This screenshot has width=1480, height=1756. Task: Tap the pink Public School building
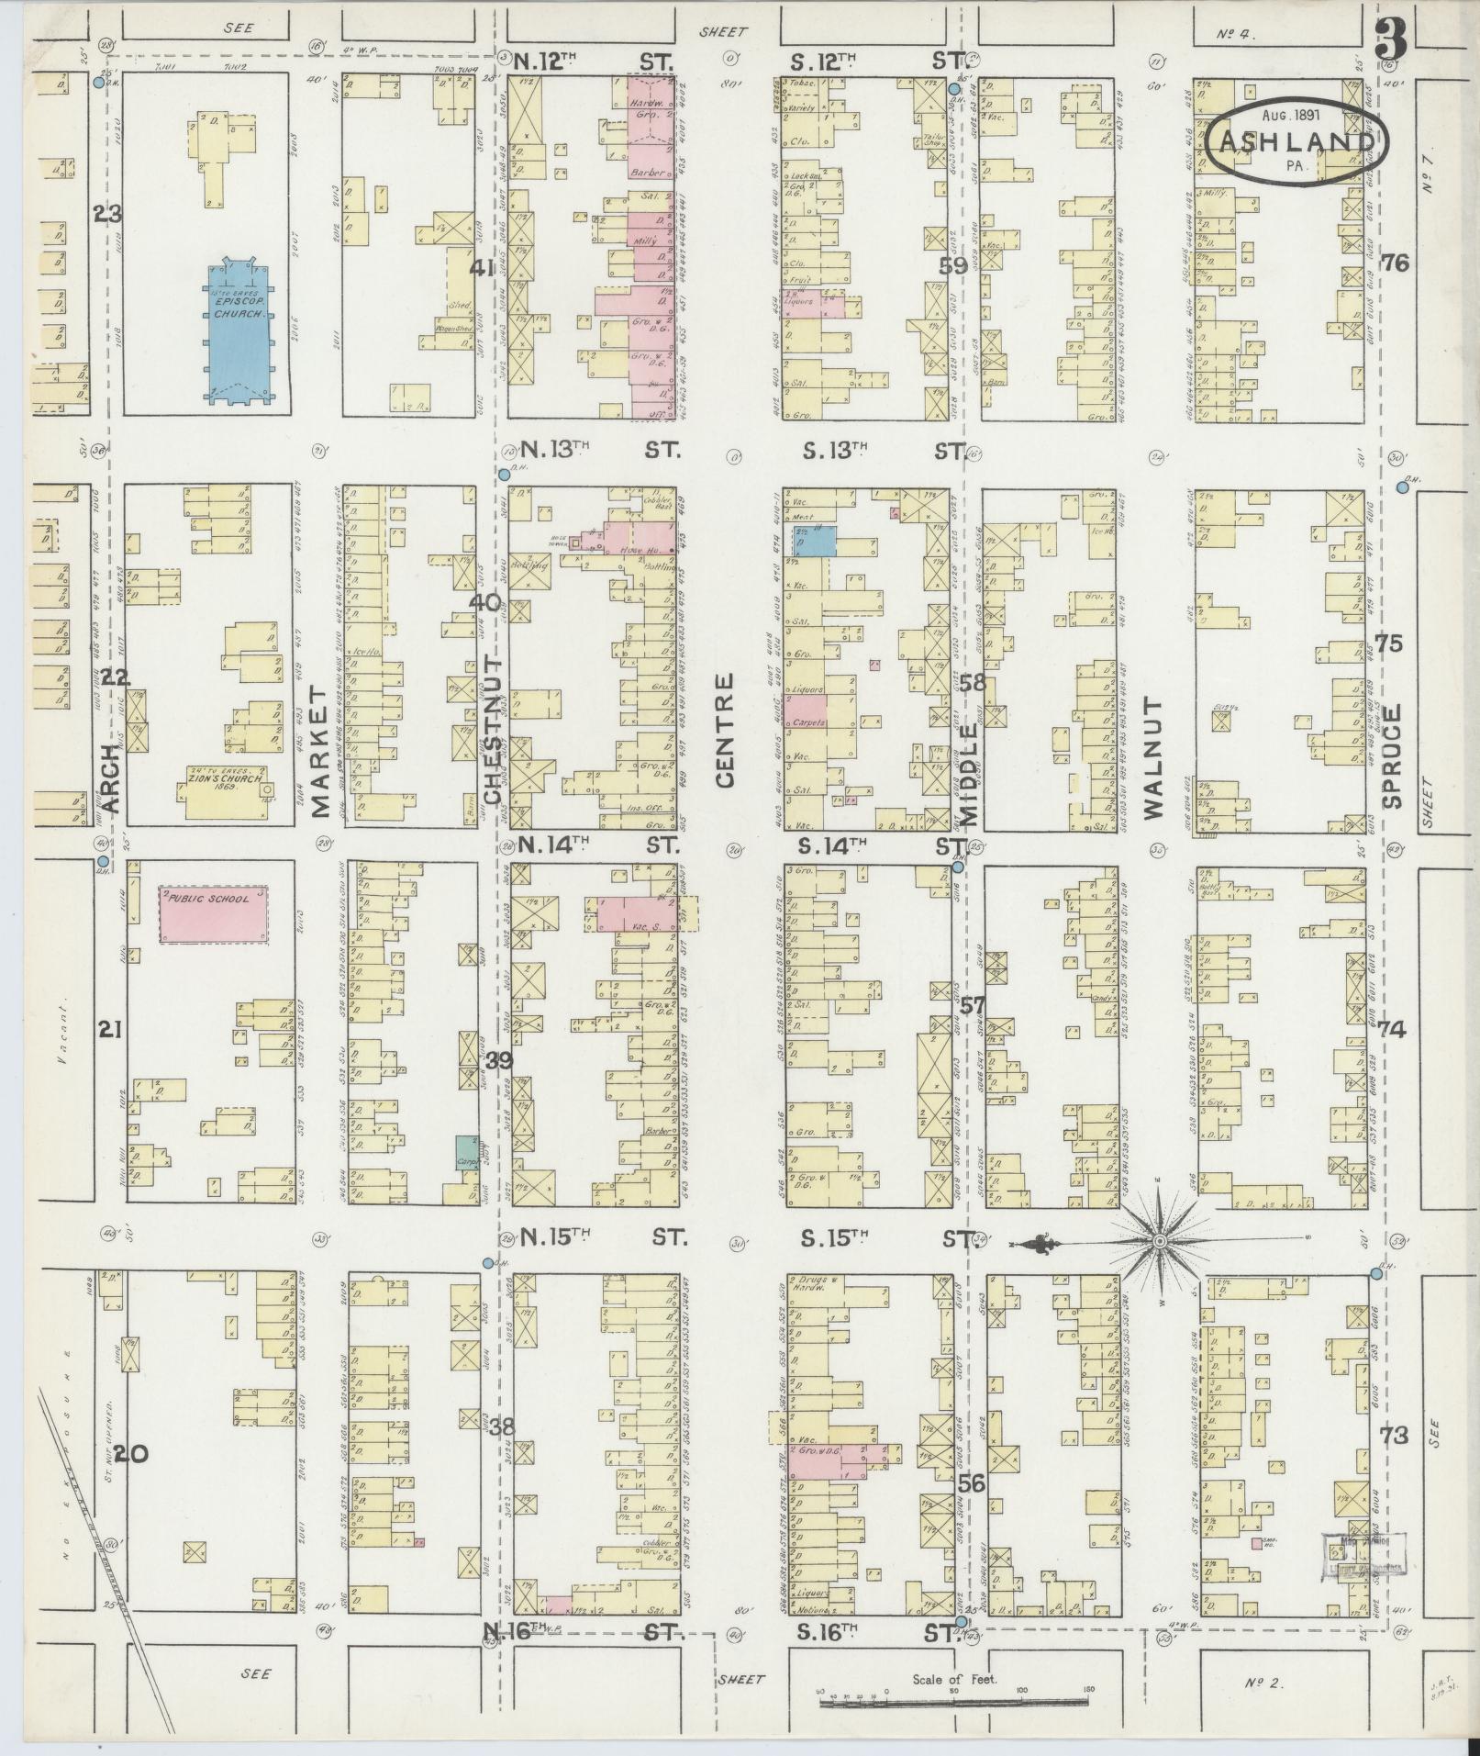pyautogui.click(x=217, y=913)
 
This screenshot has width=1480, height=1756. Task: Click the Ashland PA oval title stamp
pyautogui.click(x=1296, y=140)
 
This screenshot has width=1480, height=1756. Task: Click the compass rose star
pyautogui.click(x=1160, y=1241)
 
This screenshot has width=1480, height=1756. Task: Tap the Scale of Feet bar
pyautogui.click(x=954, y=1704)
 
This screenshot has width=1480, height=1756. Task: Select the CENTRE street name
pyautogui.click(x=725, y=731)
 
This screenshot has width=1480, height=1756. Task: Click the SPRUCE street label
pyautogui.click(x=1394, y=755)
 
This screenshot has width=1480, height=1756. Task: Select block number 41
pyautogui.click(x=481, y=269)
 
